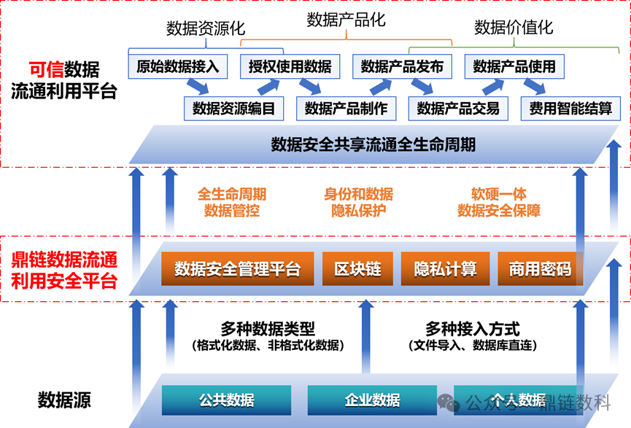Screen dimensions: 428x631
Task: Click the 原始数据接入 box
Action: point(178,67)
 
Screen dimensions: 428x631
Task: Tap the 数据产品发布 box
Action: point(402,67)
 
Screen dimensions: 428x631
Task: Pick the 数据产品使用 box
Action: point(514,67)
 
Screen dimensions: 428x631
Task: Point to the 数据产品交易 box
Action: point(458,109)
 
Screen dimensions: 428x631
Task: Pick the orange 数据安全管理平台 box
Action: point(237,269)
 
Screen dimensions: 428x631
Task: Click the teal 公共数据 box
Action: point(226,400)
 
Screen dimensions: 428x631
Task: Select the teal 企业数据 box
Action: point(372,400)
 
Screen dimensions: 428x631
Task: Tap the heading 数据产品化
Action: point(346,20)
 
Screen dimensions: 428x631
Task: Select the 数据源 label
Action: point(64,400)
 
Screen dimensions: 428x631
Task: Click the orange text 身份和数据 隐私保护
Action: point(358,203)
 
